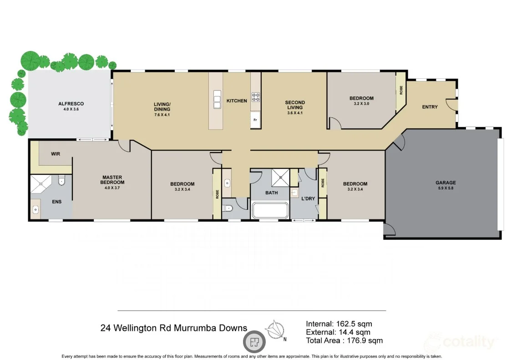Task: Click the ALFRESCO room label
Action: [71, 104]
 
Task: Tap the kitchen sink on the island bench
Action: [217, 99]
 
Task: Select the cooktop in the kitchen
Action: [256, 96]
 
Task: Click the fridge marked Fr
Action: [255, 120]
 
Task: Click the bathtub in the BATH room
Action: [270, 211]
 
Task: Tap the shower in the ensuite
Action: [41, 184]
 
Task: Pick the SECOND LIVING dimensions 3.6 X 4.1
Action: [295, 113]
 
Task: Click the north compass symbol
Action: [276, 330]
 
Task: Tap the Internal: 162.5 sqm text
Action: [339, 324]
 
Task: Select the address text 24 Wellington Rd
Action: [137, 328]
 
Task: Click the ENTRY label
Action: [430, 107]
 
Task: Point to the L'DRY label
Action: [308, 198]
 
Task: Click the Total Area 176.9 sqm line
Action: [344, 340]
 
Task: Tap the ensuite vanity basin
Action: [35, 210]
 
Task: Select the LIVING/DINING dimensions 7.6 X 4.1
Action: [162, 114]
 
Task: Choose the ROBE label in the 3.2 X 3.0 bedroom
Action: [401, 90]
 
